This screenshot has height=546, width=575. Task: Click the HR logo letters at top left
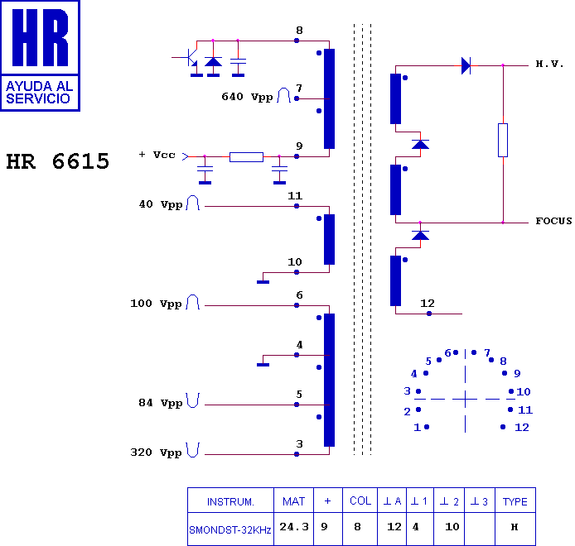(40, 38)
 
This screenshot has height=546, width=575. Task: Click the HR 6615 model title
(57, 161)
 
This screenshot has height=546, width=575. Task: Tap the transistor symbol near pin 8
(190, 57)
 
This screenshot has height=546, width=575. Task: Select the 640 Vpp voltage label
(247, 97)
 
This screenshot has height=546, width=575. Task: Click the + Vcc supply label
(157, 155)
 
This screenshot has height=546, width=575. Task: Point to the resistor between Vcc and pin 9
(246, 156)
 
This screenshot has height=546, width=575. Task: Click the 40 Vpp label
(161, 204)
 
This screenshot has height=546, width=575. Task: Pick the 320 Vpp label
(157, 453)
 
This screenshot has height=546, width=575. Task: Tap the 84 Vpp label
(161, 403)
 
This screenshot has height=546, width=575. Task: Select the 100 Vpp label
(157, 304)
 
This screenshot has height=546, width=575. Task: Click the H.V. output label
(549, 64)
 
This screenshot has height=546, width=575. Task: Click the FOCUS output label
(553, 221)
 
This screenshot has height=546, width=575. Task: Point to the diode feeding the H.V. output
(466, 66)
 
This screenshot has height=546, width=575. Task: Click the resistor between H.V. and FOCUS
(503, 141)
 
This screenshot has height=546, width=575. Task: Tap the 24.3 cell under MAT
(294, 527)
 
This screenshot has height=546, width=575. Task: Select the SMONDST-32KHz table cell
(230, 530)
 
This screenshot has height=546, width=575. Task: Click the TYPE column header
(515, 501)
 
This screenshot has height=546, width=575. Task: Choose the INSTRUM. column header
(230, 501)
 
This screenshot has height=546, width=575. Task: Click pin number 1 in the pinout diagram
(418, 428)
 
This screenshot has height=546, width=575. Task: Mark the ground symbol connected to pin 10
(263, 282)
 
